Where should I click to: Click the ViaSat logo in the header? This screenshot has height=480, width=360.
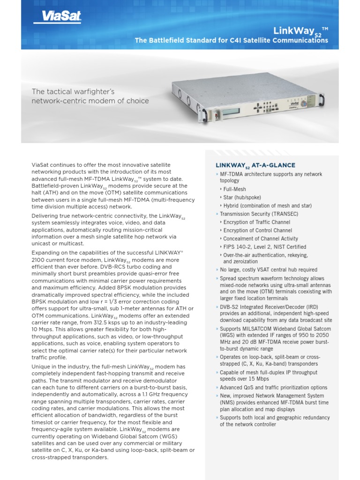pos(58,17)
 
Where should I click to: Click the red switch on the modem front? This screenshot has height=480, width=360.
pos(216,114)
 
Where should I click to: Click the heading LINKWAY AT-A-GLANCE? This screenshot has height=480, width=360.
pos(255,165)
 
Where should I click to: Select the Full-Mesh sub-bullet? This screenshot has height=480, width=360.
pos(235,189)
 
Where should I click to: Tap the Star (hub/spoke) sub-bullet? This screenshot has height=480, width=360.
pos(242,197)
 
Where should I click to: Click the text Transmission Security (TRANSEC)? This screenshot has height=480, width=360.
pos(259,214)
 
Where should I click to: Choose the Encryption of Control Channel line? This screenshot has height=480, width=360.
pos(257,230)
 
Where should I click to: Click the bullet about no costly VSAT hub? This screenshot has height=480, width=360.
pos(268,270)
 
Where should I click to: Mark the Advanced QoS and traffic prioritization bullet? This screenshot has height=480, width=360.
pos(274,388)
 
